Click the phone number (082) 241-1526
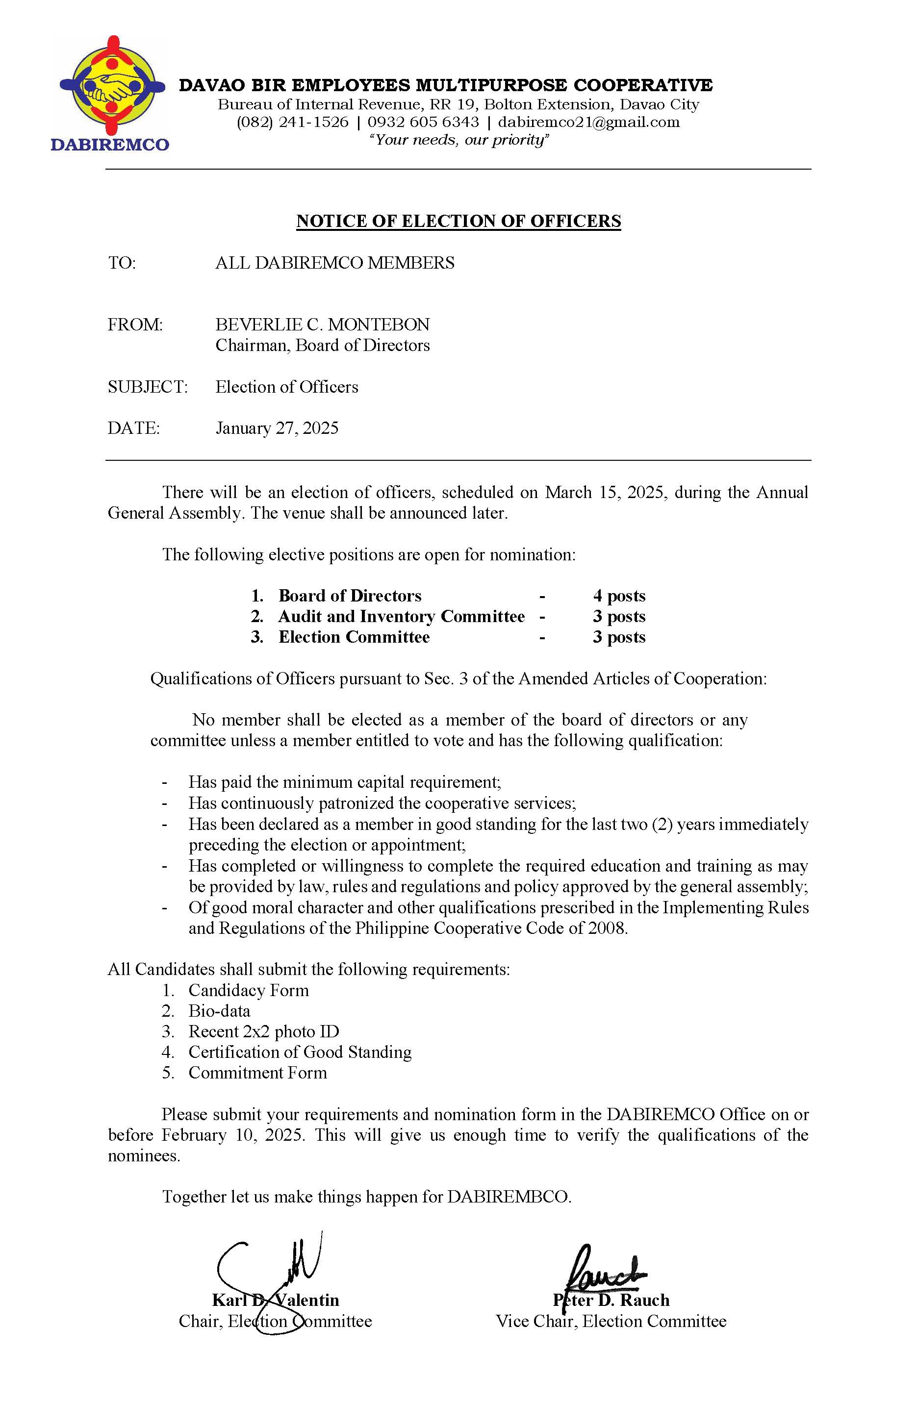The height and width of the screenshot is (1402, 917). tap(292, 123)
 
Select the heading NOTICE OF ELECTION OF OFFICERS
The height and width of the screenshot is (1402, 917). tap(458, 221)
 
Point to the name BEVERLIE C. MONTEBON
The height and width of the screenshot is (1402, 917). tap(322, 325)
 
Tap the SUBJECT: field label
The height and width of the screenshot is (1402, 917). tap(147, 387)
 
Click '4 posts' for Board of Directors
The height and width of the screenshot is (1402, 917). tap(619, 596)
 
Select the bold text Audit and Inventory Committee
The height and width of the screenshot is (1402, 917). tap(401, 616)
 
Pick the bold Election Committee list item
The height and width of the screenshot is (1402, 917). tap(354, 637)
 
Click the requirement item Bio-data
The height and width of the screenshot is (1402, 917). tap(219, 1011)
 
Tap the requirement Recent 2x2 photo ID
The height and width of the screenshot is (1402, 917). tap(263, 1031)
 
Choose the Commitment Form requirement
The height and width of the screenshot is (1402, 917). tap(257, 1073)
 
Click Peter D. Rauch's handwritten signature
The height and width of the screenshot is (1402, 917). tap(604, 1276)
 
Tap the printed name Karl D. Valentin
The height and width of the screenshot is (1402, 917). tap(275, 1300)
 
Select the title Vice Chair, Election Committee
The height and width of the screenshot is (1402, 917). tap(611, 1321)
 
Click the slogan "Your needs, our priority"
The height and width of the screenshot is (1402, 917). tap(458, 140)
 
